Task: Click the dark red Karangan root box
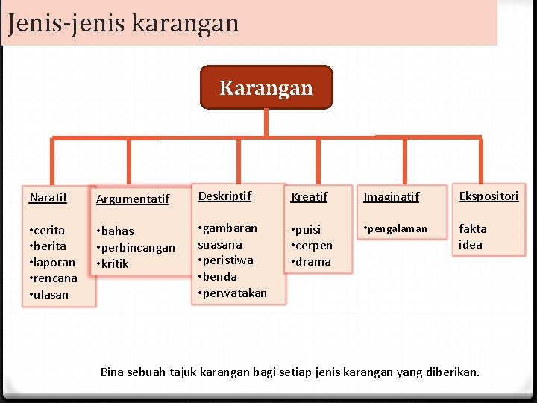[266, 88]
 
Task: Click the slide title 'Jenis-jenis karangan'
[123, 23]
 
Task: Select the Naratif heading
[48, 198]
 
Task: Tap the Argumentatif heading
[133, 199]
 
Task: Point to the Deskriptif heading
[224, 196]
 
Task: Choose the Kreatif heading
[310, 197]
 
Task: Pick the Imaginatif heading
[392, 197]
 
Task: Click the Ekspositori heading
[489, 196]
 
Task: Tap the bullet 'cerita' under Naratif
[49, 230]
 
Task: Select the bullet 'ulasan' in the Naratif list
[51, 294]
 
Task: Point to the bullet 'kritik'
[116, 263]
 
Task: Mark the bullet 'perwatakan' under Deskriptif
[234, 293]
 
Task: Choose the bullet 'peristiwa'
[228, 260]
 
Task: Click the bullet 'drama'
[313, 262]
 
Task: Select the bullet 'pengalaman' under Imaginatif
[398, 228]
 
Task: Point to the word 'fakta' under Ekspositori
[473, 229]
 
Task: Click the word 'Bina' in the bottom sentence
[112, 372]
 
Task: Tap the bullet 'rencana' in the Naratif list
[55, 278]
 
